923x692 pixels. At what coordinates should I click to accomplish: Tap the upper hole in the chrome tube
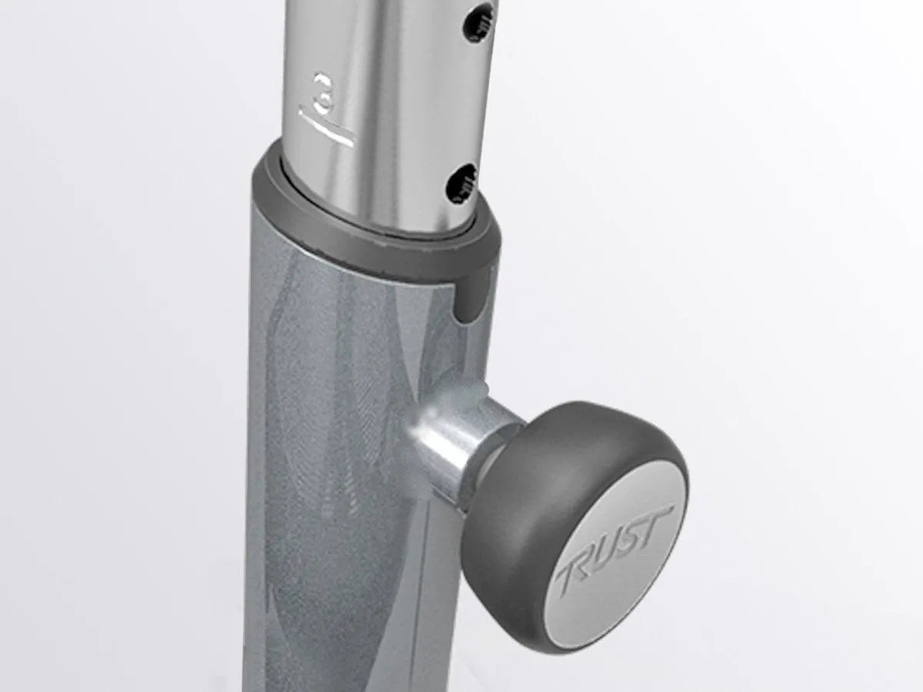point(479,23)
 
